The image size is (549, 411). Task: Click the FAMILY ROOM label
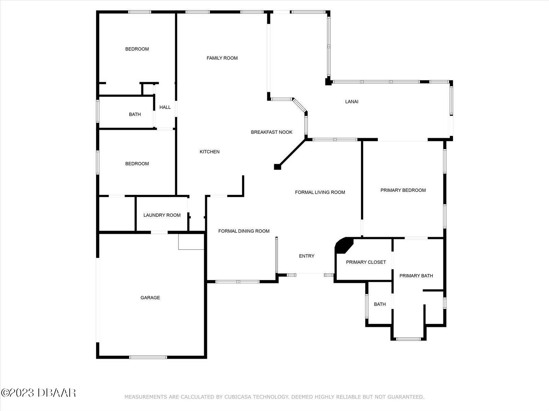222,58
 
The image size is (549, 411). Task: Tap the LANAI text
352,102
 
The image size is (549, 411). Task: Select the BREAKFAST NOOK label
271,132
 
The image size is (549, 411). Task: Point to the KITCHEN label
210,152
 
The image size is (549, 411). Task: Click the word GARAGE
150,298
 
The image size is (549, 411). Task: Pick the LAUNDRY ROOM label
162,215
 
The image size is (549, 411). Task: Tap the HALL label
165,107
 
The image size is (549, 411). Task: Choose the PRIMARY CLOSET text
366,262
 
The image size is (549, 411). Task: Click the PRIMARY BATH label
416,276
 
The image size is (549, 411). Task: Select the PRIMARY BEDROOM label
403,190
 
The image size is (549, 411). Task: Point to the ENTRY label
306,256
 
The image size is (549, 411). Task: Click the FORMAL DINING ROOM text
244,231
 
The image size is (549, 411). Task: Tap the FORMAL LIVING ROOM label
320,192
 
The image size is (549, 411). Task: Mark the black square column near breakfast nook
277,167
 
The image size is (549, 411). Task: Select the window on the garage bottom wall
148,357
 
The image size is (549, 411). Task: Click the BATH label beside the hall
135,114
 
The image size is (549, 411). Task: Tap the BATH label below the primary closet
379,304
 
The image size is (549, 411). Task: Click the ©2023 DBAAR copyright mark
38,393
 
